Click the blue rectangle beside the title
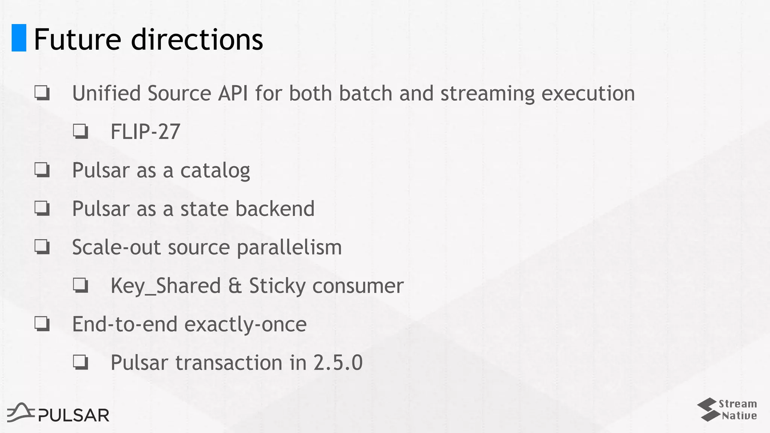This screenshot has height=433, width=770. pos(19,38)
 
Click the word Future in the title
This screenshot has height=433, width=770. pos(77,39)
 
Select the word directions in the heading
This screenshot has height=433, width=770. pos(197,39)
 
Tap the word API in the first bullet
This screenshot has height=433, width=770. pos(233,93)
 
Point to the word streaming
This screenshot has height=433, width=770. pos(487,94)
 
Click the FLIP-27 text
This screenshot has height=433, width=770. pos(145,132)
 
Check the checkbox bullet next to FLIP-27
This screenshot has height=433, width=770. pos(80,132)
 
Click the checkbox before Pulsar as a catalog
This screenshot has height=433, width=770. pos(42,170)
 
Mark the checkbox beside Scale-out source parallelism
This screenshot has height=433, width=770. pos(42,247)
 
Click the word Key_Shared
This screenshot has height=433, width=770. pos(165,286)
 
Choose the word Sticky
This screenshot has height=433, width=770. pos(277,286)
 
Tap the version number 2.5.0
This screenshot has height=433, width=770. pos(338,363)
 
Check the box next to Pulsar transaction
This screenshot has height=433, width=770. pos(80,362)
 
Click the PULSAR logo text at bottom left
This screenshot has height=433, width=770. pos(74,415)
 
